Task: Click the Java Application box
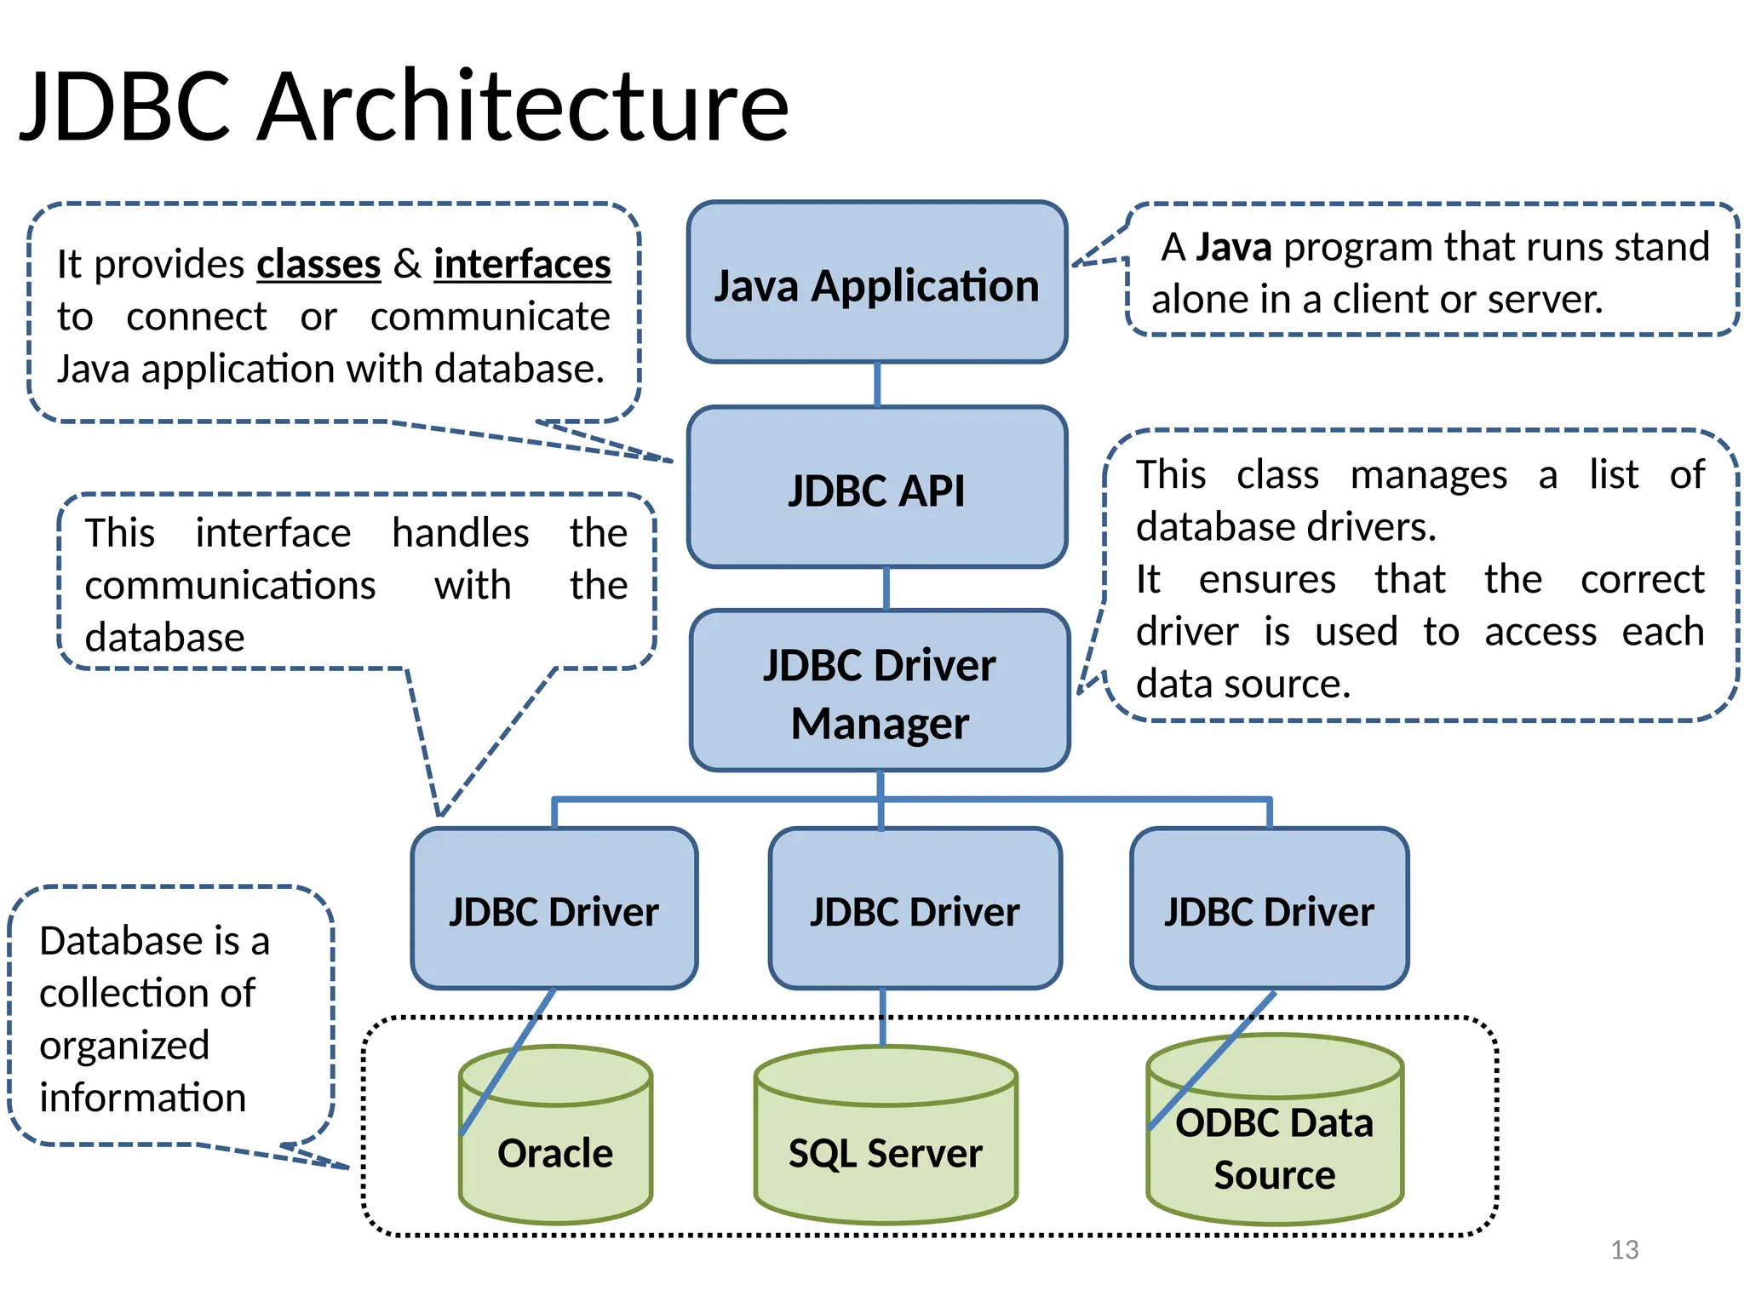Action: (x=877, y=283)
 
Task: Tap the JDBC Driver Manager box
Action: (x=880, y=691)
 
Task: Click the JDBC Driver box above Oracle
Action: (x=554, y=909)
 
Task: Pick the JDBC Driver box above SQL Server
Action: (x=915, y=909)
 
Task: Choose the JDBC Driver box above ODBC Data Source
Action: (x=1269, y=909)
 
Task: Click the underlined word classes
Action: (x=318, y=265)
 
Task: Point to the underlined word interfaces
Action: (x=522, y=265)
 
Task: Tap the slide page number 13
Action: (x=1624, y=1249)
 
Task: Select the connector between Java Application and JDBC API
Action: (x=877, y=385)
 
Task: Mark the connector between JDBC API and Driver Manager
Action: (x=886, y=588)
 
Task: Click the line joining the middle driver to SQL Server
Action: (x=882, y=1018)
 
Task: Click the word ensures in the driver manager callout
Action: (x=1267, y=580)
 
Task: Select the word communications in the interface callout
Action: (x=230, y=586)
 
